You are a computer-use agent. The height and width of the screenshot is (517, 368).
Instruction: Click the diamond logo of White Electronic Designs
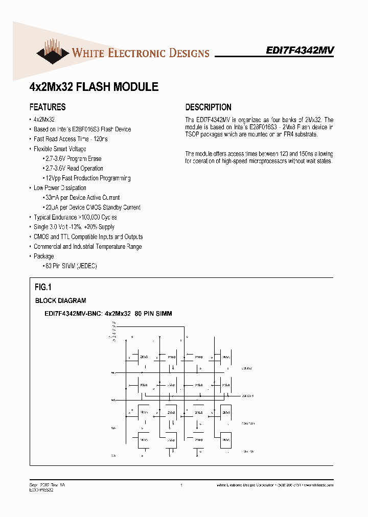(52, 53)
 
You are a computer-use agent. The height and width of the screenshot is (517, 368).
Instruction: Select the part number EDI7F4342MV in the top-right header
(300, 51)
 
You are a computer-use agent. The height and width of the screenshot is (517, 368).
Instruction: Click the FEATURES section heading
(48, 107)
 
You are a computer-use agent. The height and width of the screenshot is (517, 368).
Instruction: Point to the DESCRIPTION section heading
(208, 107)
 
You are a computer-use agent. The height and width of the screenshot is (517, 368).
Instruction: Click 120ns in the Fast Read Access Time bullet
(100, 139)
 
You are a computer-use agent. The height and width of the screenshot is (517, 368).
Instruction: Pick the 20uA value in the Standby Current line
(52, 207)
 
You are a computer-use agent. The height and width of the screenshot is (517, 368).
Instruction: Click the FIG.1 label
(43, 288)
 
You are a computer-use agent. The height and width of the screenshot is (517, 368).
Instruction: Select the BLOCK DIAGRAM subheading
(60, 301)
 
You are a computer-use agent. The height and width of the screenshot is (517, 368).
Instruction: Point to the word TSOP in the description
(194, 134)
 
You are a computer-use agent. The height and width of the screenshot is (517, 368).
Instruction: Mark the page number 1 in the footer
(181, 485)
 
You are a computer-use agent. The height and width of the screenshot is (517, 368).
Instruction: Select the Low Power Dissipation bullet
(60, 188)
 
